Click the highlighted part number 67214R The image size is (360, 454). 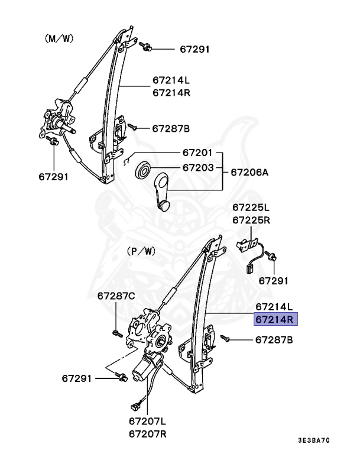(x=275, y=320)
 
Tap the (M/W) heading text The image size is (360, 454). (x=60, y=38)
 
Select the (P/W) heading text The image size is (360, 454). (x=141, y=251)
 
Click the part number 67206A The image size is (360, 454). (x=249, y=173)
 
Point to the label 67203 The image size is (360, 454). (x=197, y=168)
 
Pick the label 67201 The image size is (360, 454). (x=197, y=153)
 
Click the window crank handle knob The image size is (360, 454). (x=163, y=205)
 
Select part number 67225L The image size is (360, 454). (x=251, y=207)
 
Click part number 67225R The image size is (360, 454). (x=251, y=220)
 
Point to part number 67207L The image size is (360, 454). (x=148, y=421)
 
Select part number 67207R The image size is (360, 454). (x=148, y=434)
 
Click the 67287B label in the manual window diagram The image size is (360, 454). (x=171, y=128)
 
